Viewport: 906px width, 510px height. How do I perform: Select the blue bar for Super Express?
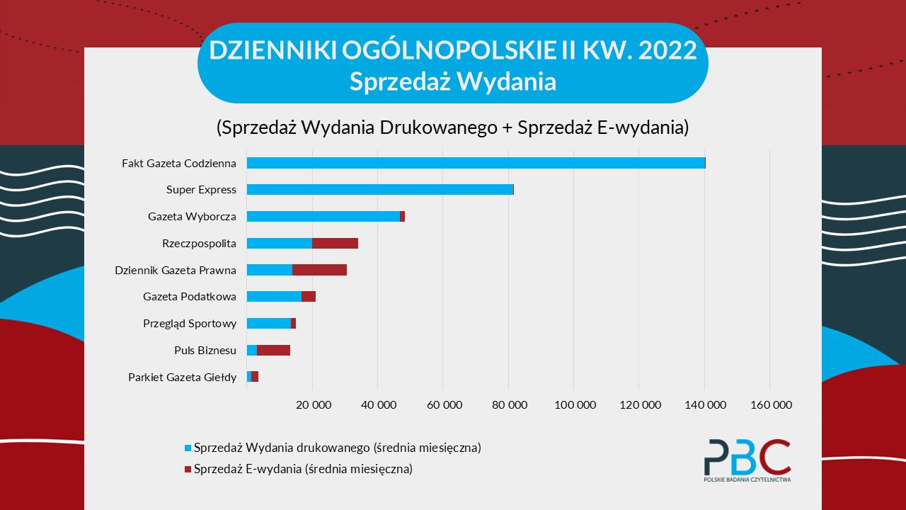(379, 190)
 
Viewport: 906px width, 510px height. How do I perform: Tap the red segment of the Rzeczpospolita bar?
(335, 243)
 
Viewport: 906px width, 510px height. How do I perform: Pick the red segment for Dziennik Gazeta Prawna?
(319, 270)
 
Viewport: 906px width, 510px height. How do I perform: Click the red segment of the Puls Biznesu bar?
(273, 350)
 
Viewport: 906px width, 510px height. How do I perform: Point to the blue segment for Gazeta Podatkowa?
(274, 297)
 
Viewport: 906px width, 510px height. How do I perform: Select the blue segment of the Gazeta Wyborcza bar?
(323, 216)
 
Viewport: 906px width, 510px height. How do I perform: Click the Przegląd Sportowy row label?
(190, 324)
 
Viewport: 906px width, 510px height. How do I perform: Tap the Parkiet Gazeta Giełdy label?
(182, 377)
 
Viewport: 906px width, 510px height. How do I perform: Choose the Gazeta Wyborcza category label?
(192, 217)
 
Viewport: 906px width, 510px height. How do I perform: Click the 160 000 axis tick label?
(771, 405)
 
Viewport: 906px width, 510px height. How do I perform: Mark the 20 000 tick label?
(313, 405)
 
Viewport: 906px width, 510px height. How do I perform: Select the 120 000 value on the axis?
(640, 405)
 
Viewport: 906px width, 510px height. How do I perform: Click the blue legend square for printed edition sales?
(188, 448)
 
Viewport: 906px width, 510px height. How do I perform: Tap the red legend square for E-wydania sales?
(188, 469)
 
